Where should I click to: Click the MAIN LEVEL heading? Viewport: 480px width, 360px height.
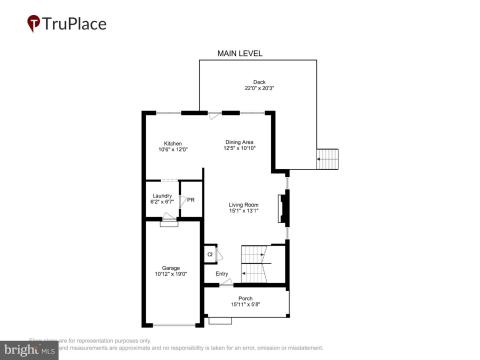(x=240, y=53)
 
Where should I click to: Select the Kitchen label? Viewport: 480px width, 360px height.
(x=173, y=143)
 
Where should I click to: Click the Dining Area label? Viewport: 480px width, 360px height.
(x=240, y=143)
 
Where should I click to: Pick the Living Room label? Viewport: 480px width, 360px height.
(x=244, y=204)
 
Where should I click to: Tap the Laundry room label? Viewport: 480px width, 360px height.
(x=163, y=195)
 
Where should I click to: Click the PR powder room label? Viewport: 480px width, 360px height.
(x=190, y=199)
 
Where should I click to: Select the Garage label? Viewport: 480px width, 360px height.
(x=172, y=267)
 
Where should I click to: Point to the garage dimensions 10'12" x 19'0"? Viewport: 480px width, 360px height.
(x=172, y=274)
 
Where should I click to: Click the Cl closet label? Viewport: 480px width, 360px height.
(x=210, y=254)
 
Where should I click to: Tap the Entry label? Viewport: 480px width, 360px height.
(x=222, y=274)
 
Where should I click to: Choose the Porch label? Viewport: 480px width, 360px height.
(x=246, y=298)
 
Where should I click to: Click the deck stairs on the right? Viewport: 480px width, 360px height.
(x=328, y=158)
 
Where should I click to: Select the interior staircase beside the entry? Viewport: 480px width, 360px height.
(x=259, y=265)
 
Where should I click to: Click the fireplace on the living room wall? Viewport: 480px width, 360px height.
(x=284, y=208)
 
